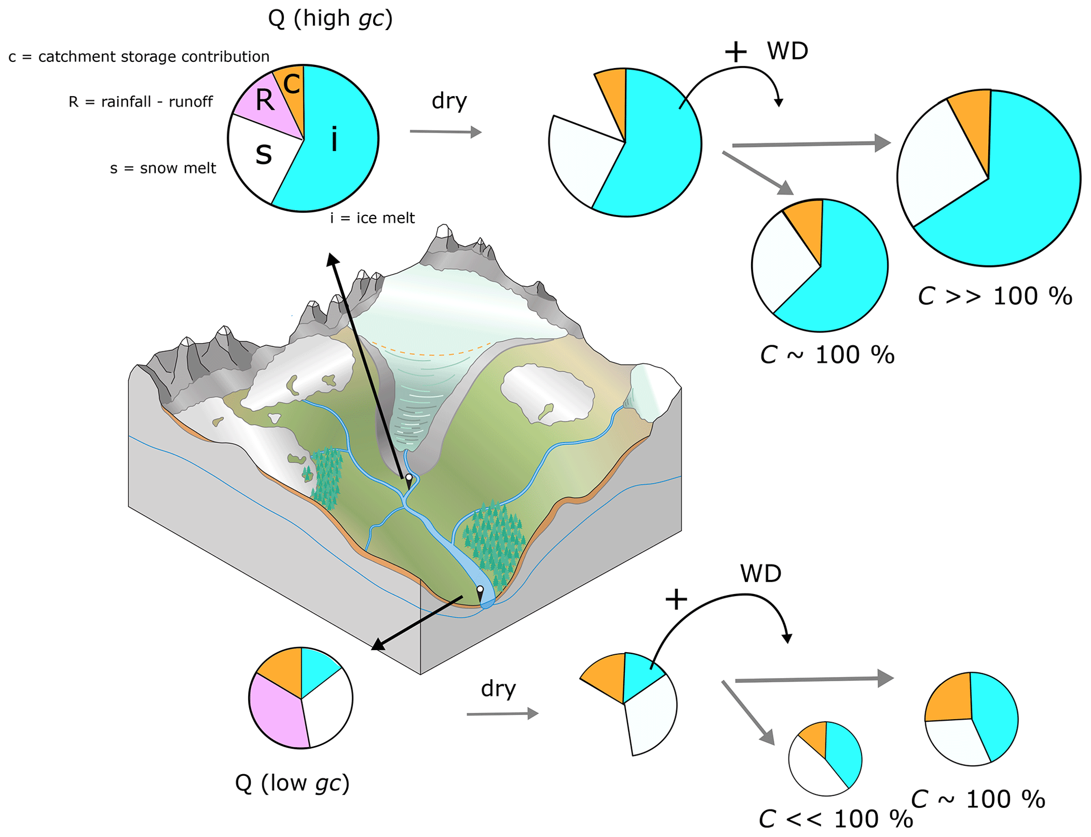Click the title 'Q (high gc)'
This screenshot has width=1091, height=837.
[330, 18]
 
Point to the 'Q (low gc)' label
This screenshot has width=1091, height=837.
[292, 783]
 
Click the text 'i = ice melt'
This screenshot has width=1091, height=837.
[372, 218]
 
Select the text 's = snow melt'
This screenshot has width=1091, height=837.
[163, 168]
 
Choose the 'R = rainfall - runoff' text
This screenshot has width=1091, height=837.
[140, 102]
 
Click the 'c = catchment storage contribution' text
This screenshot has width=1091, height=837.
[139, 57]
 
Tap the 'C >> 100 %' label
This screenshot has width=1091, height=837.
[995, 296]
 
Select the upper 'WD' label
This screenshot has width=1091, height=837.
[788, 51]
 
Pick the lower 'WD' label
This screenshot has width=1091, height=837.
[761, 574]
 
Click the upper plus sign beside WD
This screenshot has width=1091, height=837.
[736, 52]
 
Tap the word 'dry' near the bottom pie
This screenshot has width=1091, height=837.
[498, 689]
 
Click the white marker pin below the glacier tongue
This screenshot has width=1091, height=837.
[409, 477]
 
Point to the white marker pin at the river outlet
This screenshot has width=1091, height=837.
[480, 589]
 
